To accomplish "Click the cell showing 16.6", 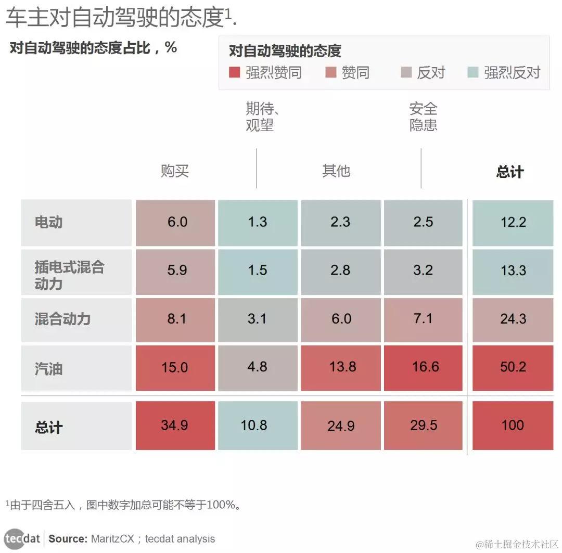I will pos(423,367).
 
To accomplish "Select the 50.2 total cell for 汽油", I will pos(513,367).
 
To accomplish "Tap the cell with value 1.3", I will pos(258,222).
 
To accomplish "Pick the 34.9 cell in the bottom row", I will pos(175,425).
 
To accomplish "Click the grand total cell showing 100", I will pos(513,425).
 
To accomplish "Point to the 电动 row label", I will pos(49,222).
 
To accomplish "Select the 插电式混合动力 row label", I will pos(69,275).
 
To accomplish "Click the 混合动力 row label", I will pos(62,318).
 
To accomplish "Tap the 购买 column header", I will pos(174,171).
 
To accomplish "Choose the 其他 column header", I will pos(336,171).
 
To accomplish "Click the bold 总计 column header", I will pos(509,172).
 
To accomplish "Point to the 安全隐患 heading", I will pos(423,117).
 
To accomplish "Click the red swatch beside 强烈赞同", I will pos(235,72).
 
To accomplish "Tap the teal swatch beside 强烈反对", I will pos(472,72).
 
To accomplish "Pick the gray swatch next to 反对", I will pos(405,72).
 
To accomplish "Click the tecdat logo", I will pos(22,538).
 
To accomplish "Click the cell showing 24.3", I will pos(513,318).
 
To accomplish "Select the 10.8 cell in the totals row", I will pos(254,425).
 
